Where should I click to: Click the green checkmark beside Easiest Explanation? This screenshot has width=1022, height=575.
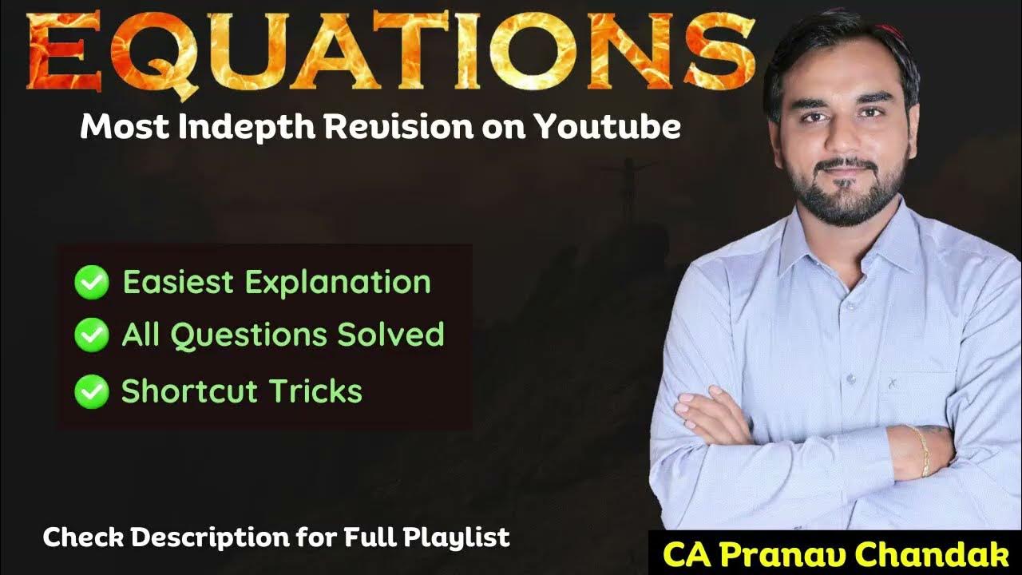[91, 283]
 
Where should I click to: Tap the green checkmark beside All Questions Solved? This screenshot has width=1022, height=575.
[91, 335]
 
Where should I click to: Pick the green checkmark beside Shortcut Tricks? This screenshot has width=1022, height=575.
[91, 391]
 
